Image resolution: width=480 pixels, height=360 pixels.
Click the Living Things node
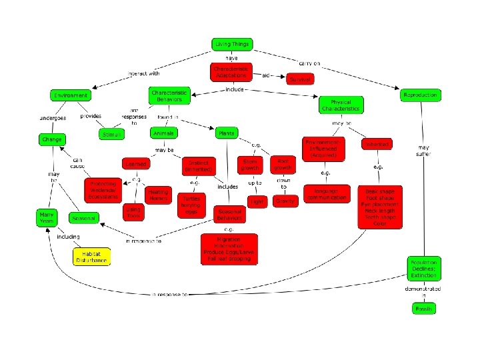(x=231, y=45)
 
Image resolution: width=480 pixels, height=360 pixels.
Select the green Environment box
(x=71, y=95)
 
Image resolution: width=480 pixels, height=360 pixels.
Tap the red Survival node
(x=300, y=79)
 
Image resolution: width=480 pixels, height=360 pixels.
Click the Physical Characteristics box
(x=341, y=105)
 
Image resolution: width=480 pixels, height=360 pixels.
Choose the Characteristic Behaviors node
(x=169, y=95)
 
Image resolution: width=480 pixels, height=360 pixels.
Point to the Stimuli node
(x=111, y=135)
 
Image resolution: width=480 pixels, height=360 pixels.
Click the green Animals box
(x=163, y=133)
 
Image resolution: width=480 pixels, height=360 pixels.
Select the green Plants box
(x=227, y=133)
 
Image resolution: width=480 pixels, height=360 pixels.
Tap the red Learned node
(x=135, y=163)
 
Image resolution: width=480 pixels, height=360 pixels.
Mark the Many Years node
(x=47, y=217)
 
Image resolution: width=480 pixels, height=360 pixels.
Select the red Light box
(x=257, y=201)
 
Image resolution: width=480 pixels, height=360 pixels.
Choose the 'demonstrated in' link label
(x=423, y=291)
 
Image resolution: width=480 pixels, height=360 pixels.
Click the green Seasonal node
(x=85, y=218)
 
